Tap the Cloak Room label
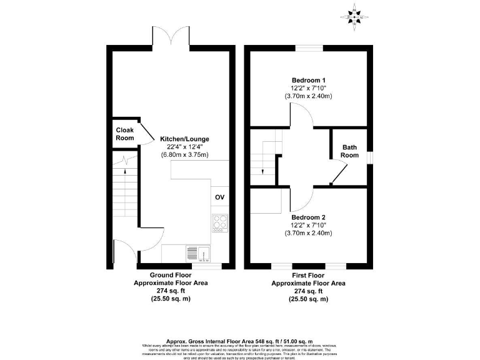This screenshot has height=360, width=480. pyautogui.click(x=125, y=134)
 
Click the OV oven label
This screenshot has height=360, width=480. pyautogui.click(x=219, y=197)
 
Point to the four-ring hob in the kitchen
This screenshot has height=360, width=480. pyautogui.click(x=220, y=222)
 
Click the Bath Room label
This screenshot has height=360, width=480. pyautogui.click(x=349, y=151)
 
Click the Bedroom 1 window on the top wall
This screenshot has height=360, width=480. pyautogui.click(x=309, y=48)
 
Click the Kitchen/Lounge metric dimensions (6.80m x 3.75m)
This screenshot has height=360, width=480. pyautogui.click(x=184, y=154)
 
